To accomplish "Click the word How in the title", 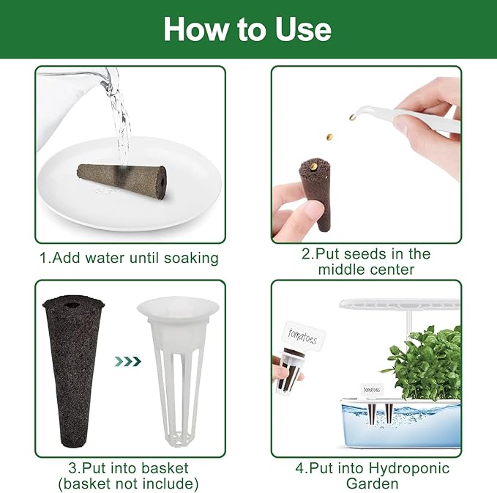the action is (x=195, y=29).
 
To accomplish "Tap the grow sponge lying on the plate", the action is (x=122, y=181).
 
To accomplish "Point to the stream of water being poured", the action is (x=121, y=127).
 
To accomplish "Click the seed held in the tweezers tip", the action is (x=353, y=117).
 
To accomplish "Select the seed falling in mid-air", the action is (x=329, y=137).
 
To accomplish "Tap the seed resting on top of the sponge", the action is (x=314, y=166).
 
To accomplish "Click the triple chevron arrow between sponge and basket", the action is (x=128, y=361).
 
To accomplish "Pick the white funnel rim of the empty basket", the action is (x=178, y=307).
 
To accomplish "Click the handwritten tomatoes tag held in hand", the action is (x=303, y=336).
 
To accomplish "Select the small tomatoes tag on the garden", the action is (x=372, y=390).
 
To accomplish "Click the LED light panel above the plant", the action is (x=400, y=305).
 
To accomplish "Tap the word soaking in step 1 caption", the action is (x=191, y=259).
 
